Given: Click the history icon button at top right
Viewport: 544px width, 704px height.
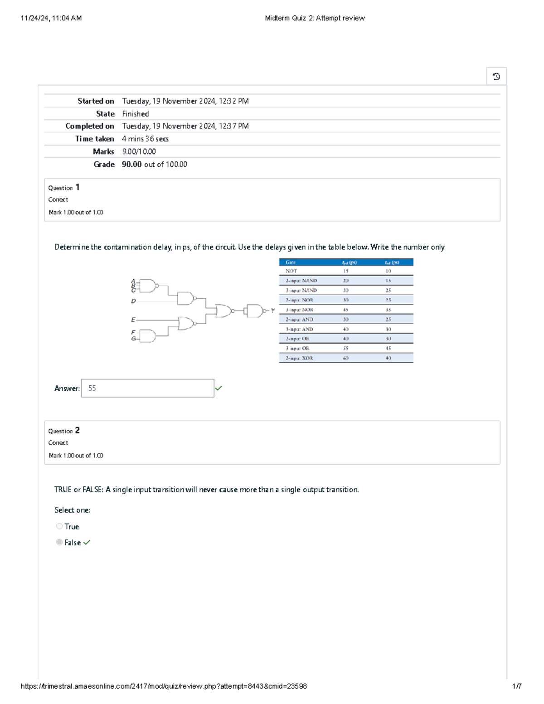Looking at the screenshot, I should pos(496,77).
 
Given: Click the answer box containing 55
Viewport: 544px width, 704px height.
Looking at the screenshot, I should pos(147,388).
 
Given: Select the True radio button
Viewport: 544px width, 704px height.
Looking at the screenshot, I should pos(59,526).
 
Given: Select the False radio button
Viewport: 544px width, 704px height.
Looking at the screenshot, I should pos(59,542).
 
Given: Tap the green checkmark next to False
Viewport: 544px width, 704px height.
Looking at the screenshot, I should pos(87,543).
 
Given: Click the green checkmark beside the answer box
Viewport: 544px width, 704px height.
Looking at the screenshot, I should pos(219,388).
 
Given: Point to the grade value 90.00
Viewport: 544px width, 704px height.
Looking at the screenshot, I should pos(131,165).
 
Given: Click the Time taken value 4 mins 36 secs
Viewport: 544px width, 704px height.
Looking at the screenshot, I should pos(145,139).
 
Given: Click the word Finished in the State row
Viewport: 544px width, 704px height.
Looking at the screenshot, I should pos(135,114).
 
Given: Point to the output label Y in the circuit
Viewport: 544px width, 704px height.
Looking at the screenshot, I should pos(272,311).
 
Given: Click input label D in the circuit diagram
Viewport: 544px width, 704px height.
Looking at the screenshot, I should pos(133,301).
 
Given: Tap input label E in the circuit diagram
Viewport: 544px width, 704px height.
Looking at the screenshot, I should pos(133,320).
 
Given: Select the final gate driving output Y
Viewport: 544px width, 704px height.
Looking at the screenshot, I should pos(255,311).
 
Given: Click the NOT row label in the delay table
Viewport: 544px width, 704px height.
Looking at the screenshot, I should pos(291,271).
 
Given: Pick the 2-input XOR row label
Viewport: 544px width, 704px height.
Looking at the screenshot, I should pos(299,358).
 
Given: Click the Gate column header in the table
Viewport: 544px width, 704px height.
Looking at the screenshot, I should pos(291,262).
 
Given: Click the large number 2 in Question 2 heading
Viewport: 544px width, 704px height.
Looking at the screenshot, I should pos(78,430).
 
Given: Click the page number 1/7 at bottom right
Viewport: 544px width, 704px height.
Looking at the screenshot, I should pos(516,686).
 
